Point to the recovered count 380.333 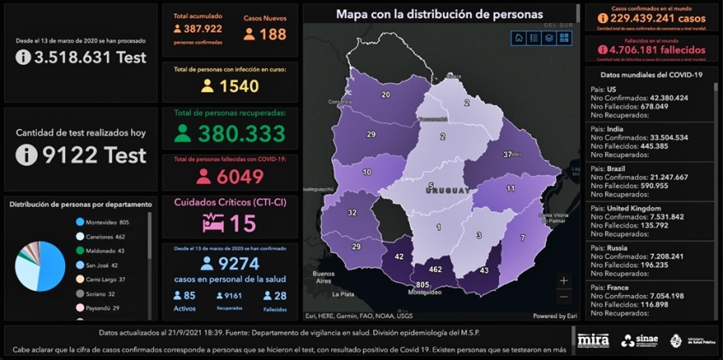(x=241, y=133)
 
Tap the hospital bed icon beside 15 (x=214, y=223)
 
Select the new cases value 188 (x=272, y=34)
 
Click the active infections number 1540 (x=239, y=86)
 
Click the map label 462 (x=435, y=269)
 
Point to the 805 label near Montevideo (x=422, y=284)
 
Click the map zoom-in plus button (x=563, y=280)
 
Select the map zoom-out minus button (x=563, y=297)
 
